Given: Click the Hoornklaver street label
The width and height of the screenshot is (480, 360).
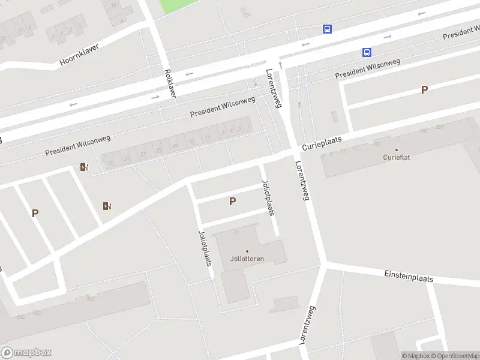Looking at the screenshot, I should pyautogui.click(x=79, y=55).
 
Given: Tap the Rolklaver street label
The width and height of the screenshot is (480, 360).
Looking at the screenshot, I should pyautogui.click(x=170, y=83).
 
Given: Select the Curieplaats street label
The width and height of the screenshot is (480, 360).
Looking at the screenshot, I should pyautogui.click(x=322, y=142).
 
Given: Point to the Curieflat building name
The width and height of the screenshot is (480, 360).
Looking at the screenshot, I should pyautogui.click(x=396, y=158).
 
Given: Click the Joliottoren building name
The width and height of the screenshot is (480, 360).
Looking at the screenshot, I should pyautogui.click(x=247, y=260).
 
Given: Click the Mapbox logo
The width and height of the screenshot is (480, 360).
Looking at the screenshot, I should pyautogui.click(x=26, y=353).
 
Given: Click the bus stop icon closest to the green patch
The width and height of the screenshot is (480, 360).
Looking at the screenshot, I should pyautogui.click(x=327, y=29).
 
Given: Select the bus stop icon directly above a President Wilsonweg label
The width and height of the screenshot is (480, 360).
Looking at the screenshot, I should pyautogui.click(x=366, y=52).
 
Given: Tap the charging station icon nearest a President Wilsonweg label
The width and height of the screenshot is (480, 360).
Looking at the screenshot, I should pyautogui.click(x=84, y=167).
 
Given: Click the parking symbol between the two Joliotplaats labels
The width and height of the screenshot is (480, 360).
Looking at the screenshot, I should pyautogui.click(x=232, y=202).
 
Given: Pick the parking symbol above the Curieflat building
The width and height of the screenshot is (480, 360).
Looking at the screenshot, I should pyautogui.click(x=424, y=90).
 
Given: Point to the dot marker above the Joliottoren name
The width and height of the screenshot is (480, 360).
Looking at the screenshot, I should pyautogui.click(x=247, y=251).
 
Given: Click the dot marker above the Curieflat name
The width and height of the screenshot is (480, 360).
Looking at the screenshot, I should pyautogui.click(x=396, y=150).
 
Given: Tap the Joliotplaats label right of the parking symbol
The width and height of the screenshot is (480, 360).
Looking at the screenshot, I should pyautogui.click(x=268, y=197).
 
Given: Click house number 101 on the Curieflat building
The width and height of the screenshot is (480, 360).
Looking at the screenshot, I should pyautogui.click(x=377, y=144).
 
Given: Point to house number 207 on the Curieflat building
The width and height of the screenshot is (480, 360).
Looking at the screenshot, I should pyautogui.click(x=439, y=127).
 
